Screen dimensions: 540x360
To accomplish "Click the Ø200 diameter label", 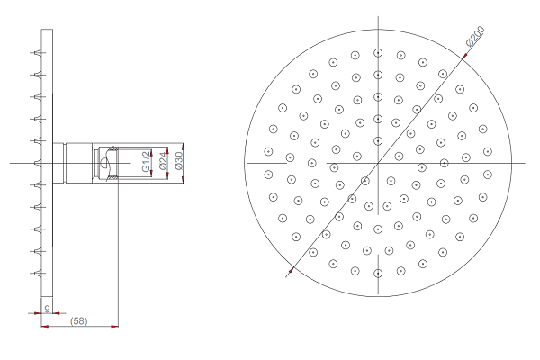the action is pos(475,37).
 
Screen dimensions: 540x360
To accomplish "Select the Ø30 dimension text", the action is pos(179,161).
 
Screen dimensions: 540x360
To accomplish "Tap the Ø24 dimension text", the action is pos(164,161).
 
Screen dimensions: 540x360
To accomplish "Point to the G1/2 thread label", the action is pos(147,161).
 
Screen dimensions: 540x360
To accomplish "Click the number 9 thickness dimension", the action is pos(47,309).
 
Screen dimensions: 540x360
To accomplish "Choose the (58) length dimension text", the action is pos(79,321).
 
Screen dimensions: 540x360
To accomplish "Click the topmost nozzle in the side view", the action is pos(38,53).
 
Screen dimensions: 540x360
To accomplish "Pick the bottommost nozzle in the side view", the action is pos(38,274).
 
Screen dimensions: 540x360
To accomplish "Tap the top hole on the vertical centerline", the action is pos(378,53).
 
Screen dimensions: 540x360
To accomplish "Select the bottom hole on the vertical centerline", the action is pos(378,274).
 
